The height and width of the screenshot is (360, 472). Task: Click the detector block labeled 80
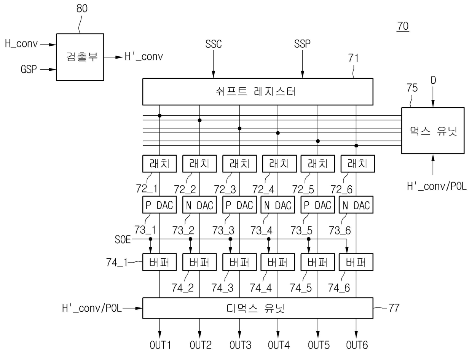80,57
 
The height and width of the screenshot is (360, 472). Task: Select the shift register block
258,92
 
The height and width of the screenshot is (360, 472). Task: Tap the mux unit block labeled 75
433,131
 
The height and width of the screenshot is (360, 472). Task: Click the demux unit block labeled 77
258,308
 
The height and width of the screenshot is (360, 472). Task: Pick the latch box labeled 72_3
239,164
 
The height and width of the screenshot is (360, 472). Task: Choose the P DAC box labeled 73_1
159,205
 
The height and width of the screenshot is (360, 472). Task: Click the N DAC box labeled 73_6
356,205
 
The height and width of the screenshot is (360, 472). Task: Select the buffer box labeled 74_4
277,262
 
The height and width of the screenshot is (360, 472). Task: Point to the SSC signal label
213,44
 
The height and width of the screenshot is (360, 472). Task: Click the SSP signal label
302,44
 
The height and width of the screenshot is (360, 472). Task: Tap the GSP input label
29,69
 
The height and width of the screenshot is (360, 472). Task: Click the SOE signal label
123,239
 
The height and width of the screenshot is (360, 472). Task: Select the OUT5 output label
319,345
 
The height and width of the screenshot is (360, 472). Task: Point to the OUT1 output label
160,345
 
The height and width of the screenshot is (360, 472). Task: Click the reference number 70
403,26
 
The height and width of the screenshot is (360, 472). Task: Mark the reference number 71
353,58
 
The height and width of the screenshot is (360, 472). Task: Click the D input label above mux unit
433,80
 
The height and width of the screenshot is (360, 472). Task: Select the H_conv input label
21,43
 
